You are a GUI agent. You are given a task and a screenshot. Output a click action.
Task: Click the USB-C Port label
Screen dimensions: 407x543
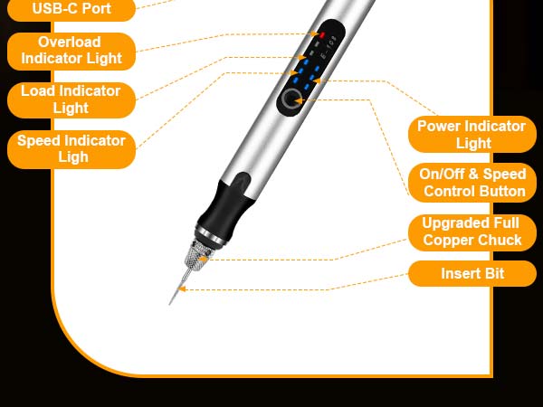71,9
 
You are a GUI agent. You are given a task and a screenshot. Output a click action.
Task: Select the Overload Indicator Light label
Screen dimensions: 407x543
71,51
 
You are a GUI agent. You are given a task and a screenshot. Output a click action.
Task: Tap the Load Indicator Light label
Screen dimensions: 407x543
71,99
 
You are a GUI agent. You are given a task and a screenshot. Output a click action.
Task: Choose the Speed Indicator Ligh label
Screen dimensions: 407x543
71,149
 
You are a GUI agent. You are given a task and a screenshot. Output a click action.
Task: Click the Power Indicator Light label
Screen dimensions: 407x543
471,135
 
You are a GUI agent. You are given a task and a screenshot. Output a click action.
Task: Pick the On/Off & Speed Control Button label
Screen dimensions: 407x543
472,183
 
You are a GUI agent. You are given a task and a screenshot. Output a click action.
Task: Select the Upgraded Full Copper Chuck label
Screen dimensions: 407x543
472,232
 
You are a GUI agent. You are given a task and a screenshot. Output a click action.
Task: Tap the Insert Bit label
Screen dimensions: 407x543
472,273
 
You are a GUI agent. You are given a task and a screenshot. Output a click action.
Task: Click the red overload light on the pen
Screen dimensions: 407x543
321,34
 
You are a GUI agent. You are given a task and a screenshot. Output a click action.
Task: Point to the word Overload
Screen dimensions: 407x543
71,42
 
